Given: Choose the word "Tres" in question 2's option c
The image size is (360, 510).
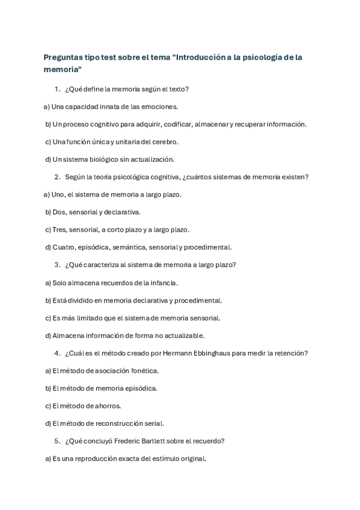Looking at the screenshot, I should pos(59,229).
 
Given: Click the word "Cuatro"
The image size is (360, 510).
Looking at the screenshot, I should pos(64,247).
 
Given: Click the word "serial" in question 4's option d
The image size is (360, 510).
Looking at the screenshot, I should pos(153,423).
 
